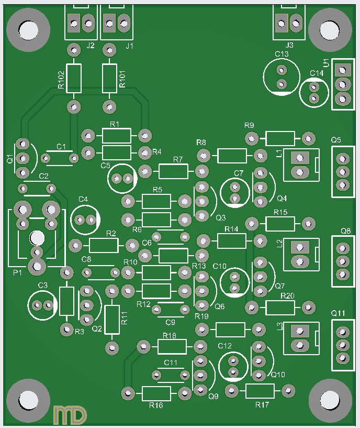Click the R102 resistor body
[x=74, y=78]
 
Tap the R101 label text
[x=122, y=79]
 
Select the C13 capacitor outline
[x=282, y=76]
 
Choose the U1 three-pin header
[x=343, y=84]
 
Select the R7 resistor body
[x=173, y=171]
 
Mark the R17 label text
[x=262, y=405]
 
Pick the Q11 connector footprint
[x=343, y=345]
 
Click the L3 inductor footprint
[x=300, y=337]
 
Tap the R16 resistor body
[x=156, y=393]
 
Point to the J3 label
[x=289, y=46]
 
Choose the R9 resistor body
[x=280, y=138]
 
